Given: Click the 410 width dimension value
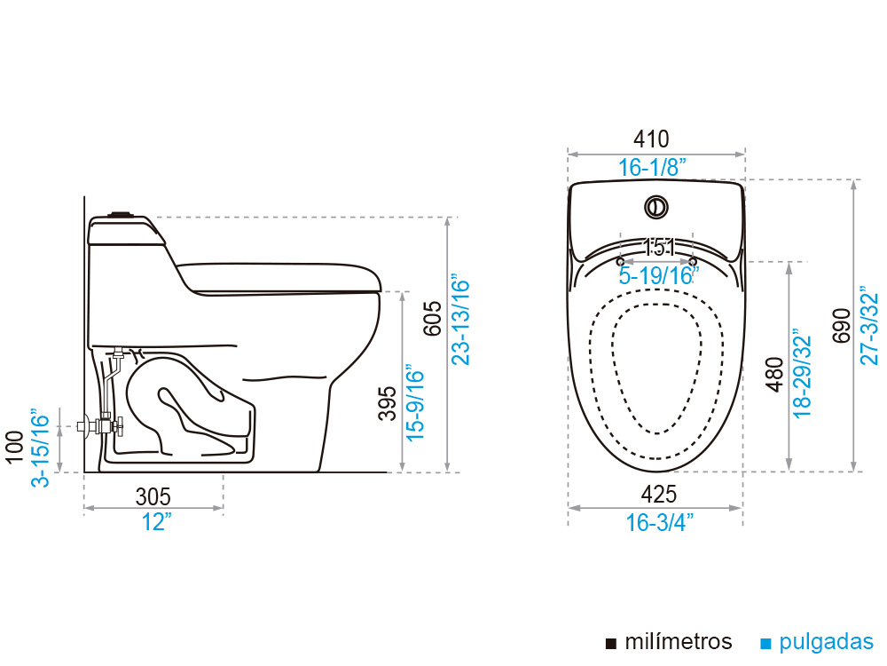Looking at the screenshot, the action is point(651,139).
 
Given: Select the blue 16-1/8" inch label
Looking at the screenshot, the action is point(652,167).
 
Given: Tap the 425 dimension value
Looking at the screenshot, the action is point(658,495).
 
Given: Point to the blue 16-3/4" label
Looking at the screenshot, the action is point(660,522).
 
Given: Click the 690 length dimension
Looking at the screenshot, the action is point(842,325).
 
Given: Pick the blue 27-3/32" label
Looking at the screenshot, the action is point(869,326).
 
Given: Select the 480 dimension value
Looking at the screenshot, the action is point(774,375).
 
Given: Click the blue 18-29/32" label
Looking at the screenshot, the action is point(802,373).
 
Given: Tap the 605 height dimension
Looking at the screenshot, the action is point(432,318).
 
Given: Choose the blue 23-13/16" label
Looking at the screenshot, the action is point(460,320).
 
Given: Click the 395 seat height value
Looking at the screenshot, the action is point(388,403).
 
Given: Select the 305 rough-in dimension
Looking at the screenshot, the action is point(153,496).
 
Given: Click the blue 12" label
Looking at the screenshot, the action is point(156,522).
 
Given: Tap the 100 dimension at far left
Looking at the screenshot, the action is point(14,447).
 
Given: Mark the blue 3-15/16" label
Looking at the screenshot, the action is point(42,448).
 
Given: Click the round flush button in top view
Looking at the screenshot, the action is point(656,207).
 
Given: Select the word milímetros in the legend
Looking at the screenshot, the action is point(678,642).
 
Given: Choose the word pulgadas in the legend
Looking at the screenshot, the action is point(826,643).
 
